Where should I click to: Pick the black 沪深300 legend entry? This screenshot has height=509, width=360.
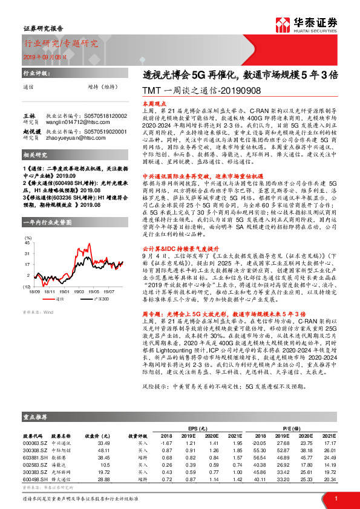pos(87,282)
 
